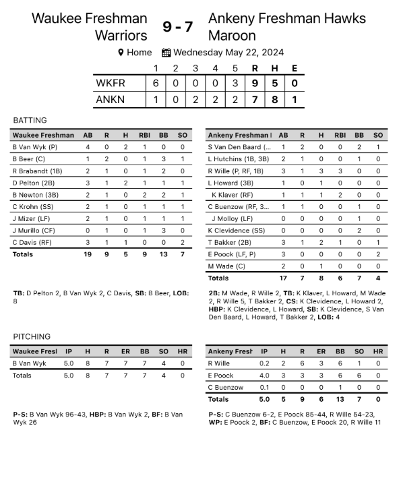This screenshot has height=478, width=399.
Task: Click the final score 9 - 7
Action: pyautogui.click(x=178, y=26)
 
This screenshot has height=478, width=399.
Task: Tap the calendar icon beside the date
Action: pyautogui.click(x=166, y=53)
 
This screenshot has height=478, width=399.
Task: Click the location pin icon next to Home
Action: pyautogui.click(x=121, y=53)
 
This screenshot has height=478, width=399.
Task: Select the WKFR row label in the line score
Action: pyautogui.click(x=112, y=84)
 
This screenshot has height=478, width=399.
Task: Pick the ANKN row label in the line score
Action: pyautogui.click(x=112, y=100)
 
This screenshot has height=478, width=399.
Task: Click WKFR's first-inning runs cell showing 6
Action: pyautogui.click(x=156, y=84)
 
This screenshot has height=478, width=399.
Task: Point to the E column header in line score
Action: pyautogui.click(x=294, y=68)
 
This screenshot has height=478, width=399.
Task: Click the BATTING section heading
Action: pyautogui.click(x=30, y=120)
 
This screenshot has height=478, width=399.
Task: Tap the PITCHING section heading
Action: pyautogui.click(x=31, y=336)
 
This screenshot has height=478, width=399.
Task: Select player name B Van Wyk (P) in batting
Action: pyautogui.click(x=35, y=146)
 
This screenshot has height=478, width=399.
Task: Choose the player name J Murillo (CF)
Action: pyautogui.click(x=34, y=230)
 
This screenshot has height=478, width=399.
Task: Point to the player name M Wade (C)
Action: pyautogui.click(x=226, y=266)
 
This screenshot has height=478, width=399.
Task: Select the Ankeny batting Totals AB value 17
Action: pyautogui.click(x=283, y=278)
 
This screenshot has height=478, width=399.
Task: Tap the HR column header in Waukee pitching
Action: pyautogui.click(x=181, y=351)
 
